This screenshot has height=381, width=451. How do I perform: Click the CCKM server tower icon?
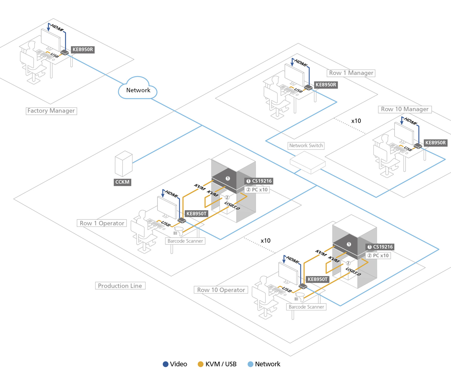point(123,164)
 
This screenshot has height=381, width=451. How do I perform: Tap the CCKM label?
point(122,182)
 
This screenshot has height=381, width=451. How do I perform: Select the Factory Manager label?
point(51,111)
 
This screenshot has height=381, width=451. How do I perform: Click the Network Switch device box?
point(307,163)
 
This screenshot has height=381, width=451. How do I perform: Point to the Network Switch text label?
point(306,146)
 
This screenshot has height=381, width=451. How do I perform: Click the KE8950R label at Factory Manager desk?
point(83,50)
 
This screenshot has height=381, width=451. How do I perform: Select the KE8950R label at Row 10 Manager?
point(435,143)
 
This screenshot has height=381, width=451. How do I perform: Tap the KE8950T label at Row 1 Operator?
point(196,214)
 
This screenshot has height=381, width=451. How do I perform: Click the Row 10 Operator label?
point(221,290)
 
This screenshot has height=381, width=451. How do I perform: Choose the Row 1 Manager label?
point(351,73)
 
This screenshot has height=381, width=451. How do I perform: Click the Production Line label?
point(120,286)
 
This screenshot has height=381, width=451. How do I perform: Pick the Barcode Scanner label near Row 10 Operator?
point(306,307)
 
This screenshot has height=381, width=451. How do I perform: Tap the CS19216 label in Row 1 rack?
point(259,181)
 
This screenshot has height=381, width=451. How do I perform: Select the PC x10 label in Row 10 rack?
point(378,256)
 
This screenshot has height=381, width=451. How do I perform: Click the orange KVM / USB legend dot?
point(200,364)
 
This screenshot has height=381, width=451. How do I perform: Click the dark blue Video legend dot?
point(165,364)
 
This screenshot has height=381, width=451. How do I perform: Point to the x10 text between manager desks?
point(356,121)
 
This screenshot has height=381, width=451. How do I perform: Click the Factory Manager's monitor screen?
point(51,39)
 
